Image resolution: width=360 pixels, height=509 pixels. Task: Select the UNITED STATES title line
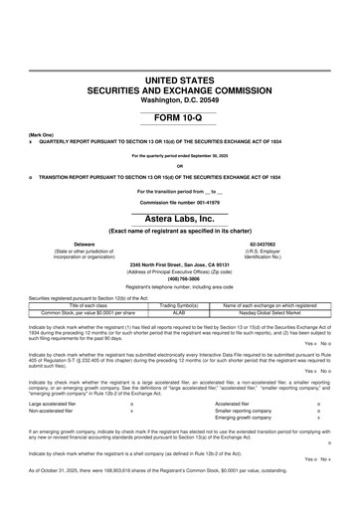point(180,78)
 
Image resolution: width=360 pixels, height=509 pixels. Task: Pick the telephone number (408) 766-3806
point(180,279)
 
